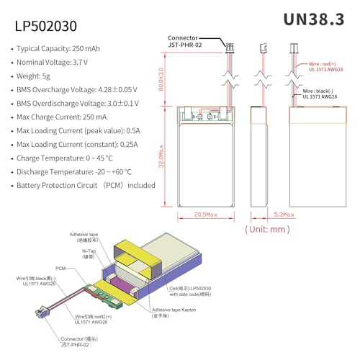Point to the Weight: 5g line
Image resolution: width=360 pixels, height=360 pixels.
44,76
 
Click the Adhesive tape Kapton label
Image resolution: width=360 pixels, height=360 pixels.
177,310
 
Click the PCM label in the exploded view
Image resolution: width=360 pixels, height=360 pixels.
60,266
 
